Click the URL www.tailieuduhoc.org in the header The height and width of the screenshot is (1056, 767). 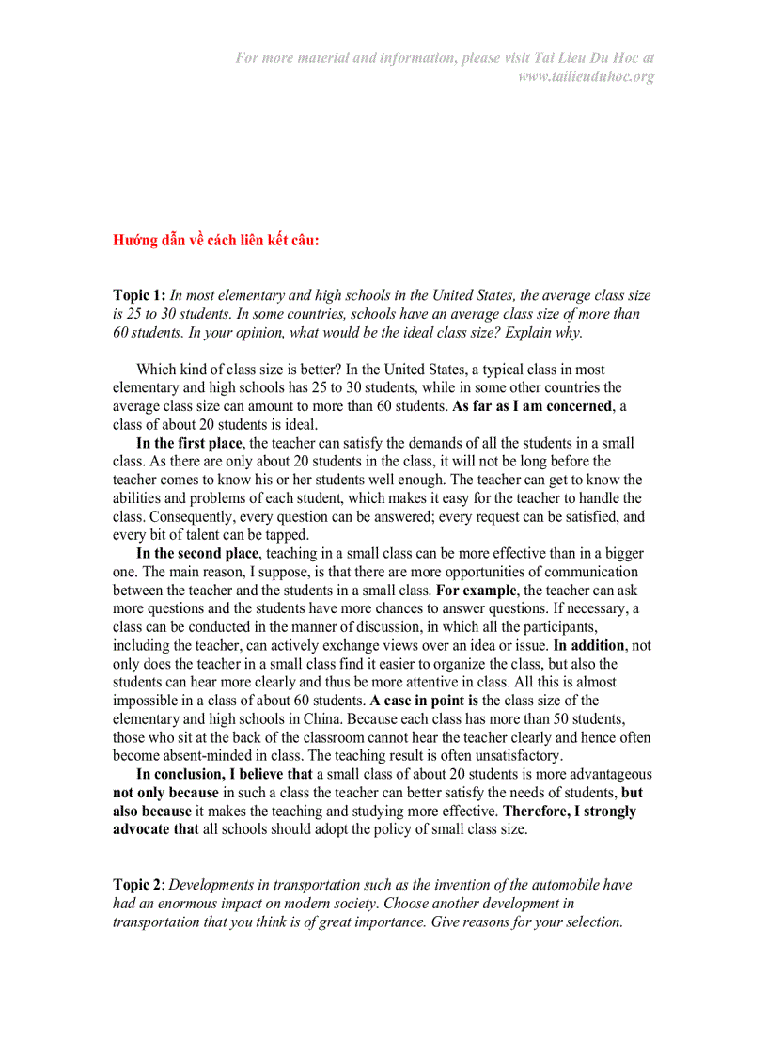pos(586,76)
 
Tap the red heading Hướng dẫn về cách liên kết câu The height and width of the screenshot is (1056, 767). pos(216,240)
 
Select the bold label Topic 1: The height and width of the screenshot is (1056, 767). pos(139,295)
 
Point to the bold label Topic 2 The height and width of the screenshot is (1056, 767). pos(137,885)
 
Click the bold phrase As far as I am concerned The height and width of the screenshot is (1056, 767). pos(532,406)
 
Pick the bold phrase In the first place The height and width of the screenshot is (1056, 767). pos(189,443)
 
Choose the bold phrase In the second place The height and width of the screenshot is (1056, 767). pos(196,554)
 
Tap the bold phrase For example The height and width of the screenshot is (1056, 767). pos(477,591)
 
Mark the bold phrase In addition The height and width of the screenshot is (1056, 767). pos(589,645)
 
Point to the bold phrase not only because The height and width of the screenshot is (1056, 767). pos(165,793)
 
